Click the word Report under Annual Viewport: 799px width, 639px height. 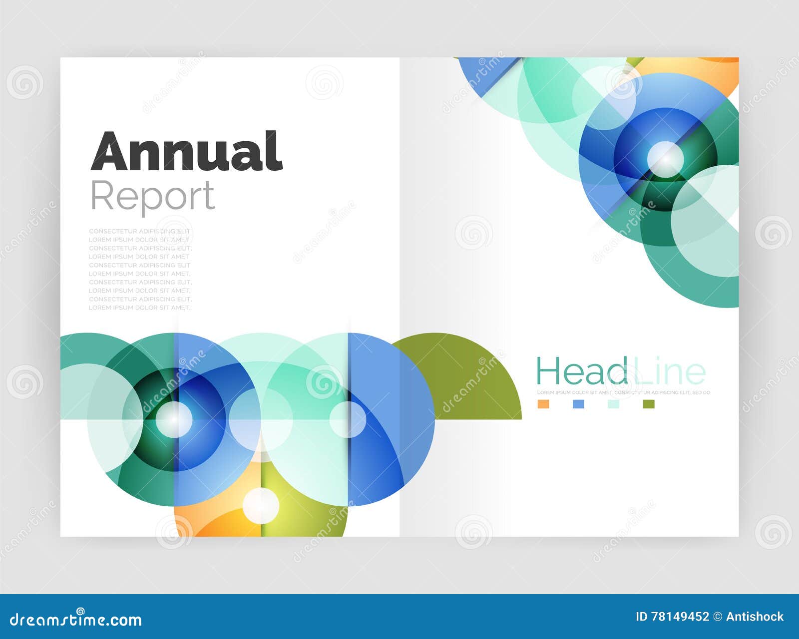tap(152, 197)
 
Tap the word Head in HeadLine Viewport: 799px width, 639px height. tap(581, 372)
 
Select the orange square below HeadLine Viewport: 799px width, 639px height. tap(543, 404)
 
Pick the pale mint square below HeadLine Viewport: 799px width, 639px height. tap(613, 404)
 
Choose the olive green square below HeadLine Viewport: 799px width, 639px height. tap(649, 404)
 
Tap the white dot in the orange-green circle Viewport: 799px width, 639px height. tap(261, 505)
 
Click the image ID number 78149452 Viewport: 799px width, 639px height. tap(679, 617)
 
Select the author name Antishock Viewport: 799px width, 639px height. tap(755, 617)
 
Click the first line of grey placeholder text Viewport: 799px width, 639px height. tap(140, 231)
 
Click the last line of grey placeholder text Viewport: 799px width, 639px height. tap(140, 308)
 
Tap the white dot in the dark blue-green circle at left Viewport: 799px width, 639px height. tap(174, 419)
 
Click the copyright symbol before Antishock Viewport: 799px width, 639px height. tap(718, 617)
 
